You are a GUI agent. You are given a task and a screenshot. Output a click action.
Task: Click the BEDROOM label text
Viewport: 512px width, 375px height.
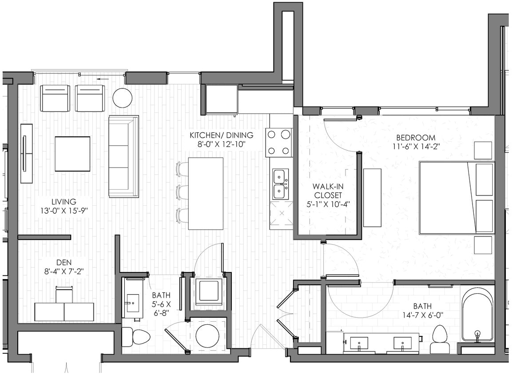(x=416, y=137)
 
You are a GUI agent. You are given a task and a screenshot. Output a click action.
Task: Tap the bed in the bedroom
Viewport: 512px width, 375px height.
(x=456, y=197)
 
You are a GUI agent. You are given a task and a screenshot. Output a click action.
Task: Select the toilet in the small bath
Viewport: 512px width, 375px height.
(x=133, y=337)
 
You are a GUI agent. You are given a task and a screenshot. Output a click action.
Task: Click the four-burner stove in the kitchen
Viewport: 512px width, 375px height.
(x=279, y=143)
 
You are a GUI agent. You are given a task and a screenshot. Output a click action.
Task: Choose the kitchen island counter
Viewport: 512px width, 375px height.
(x=206, y=193)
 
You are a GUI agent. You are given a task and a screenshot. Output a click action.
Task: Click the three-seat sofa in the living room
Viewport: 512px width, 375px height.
(x=124, y=156)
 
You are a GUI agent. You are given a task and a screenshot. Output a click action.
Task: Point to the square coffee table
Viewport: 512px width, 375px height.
(x=72, y=154)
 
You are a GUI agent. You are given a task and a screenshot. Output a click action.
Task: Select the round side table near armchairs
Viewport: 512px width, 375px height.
(x=122, y=98)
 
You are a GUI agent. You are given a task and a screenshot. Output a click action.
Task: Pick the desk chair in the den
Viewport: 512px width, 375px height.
(x=64, y=295)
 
